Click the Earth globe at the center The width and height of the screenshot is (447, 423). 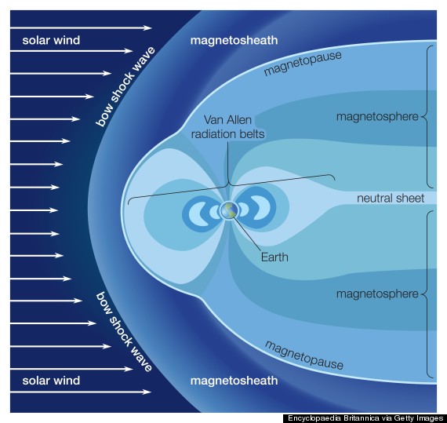pos(229,211)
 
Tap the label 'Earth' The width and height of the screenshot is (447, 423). pos(274,257)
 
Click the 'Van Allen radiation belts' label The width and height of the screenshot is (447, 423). pos(227,127)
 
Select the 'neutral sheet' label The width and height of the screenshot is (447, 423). pos(391,198)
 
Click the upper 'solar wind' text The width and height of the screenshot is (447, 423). pos(51,40)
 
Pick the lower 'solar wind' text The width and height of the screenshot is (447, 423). pos(51,381)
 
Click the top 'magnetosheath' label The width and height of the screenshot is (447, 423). pos(234,40)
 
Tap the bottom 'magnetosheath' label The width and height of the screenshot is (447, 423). pos(234,381)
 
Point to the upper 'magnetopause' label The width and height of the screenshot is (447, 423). pos(303,64)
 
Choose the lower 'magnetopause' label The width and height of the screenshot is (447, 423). pos(304,355)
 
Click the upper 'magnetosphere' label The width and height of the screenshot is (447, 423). pos(377,117)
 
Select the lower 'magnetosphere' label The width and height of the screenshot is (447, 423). pos(377,294)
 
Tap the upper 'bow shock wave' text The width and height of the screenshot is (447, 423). pos(125,86)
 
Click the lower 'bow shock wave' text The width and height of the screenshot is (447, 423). pos(124,332)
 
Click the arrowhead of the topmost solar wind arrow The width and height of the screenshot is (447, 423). pos(147,27)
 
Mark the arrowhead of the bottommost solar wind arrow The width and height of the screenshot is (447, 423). pos(147,392)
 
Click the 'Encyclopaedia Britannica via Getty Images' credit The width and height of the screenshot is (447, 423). pos(365,418)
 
